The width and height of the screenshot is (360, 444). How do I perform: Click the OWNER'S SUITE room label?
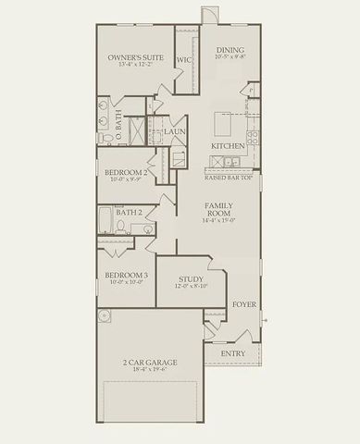(137, 57)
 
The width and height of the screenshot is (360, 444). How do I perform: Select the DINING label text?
(230, 50)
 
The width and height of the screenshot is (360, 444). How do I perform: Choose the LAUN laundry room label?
(175, 132)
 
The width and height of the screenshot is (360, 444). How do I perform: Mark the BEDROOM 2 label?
(126, 173)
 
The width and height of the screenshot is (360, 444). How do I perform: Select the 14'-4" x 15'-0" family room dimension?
(218, 221)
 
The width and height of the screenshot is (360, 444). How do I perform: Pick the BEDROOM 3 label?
(126, 276)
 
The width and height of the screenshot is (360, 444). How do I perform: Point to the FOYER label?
(243, 303)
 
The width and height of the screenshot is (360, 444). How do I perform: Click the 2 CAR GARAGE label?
(149, 362)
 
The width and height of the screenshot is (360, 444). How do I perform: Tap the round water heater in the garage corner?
(105, 316)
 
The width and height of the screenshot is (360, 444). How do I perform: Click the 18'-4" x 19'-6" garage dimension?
(149, 370)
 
